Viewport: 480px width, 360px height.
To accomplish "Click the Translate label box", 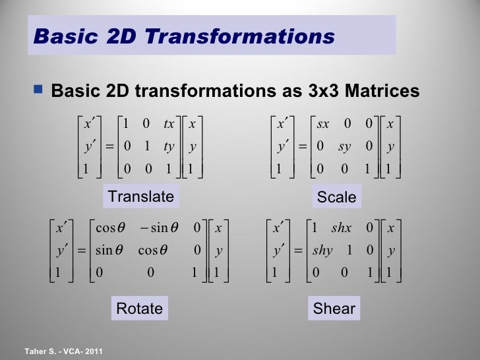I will click(141, 196).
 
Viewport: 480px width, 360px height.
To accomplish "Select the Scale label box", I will click(336, 197).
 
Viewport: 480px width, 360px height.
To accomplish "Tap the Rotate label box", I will click(139, 308).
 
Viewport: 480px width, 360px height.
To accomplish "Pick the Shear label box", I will click(335, 309).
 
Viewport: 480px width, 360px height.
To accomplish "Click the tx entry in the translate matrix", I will click(169, 124).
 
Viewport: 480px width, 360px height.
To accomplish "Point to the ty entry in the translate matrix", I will click(169, 146).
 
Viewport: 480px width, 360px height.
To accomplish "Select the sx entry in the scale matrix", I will click(323, 124).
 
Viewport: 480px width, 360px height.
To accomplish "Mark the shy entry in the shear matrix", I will click(322, 251).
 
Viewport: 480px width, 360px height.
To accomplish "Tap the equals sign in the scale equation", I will click(302, 146).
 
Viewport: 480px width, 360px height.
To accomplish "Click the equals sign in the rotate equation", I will click(82, 251).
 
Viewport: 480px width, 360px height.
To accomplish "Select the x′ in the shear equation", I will click(279, 229).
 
